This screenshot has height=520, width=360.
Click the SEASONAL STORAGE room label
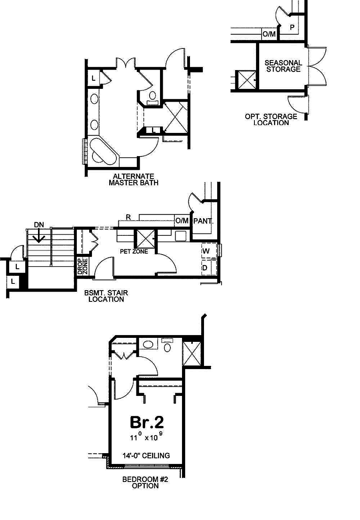click(x=283, y=66)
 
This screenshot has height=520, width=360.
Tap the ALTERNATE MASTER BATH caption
click(x=134, y=180)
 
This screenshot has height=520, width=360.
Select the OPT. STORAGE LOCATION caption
click(x=271, y=119)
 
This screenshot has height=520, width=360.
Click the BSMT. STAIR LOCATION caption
click(x=106, y=296)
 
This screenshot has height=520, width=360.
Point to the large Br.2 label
click(x=147, y=422)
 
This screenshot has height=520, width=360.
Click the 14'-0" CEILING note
click(x=146, y=456)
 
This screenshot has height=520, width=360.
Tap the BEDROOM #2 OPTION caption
click(x=145, y=482)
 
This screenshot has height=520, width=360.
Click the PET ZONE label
click(x=134, y=251)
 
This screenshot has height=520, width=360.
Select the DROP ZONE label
click(x=82, y=267)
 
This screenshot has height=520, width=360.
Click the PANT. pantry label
click(x=203, y=221)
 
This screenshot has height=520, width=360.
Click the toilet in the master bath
click(x=152, y=98)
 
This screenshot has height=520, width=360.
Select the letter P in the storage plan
click(x=292, y=27)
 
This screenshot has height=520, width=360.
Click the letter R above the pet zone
click(x=128, y=217)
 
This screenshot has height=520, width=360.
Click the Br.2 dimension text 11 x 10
click(x=146, y=437)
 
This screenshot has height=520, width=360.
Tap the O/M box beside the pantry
click(x=182, y=221)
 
